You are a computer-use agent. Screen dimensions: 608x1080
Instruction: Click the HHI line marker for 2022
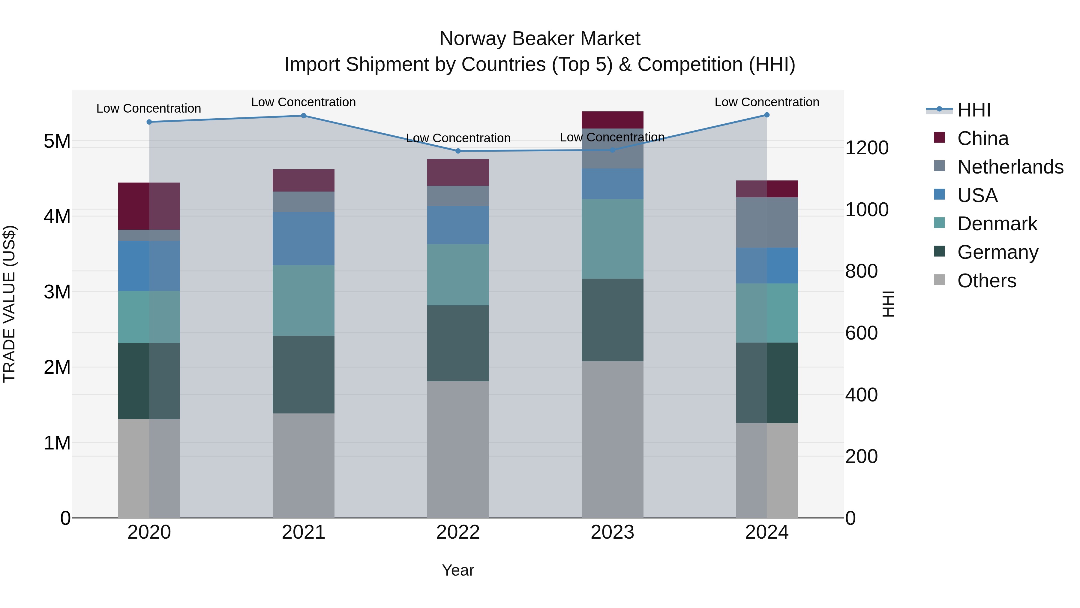click(458, 151)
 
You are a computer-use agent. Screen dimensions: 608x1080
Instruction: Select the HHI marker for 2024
click(767, 115)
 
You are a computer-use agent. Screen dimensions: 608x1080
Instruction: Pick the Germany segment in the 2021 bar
click(304, 375)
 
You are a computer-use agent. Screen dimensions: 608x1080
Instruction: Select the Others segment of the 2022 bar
click(458, 449)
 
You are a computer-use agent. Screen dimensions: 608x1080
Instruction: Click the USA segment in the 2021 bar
click(304, 239)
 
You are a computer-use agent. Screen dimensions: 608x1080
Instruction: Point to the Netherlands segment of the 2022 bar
click(458, 196)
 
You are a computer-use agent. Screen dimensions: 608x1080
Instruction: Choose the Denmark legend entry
click(997, 224)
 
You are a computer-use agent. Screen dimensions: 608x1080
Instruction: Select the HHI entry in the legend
click(974, 110)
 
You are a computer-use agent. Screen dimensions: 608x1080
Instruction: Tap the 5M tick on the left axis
click(57, 141)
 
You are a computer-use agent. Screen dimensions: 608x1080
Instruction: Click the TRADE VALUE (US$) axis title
click(10, 304)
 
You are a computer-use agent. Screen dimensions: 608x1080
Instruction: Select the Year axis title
click(458, 570)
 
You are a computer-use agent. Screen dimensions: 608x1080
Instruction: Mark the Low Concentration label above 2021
click(304, 102)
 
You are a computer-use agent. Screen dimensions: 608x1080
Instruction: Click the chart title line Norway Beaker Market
click(540, 39)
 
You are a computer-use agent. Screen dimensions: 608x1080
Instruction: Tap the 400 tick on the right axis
click(861, 395)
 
